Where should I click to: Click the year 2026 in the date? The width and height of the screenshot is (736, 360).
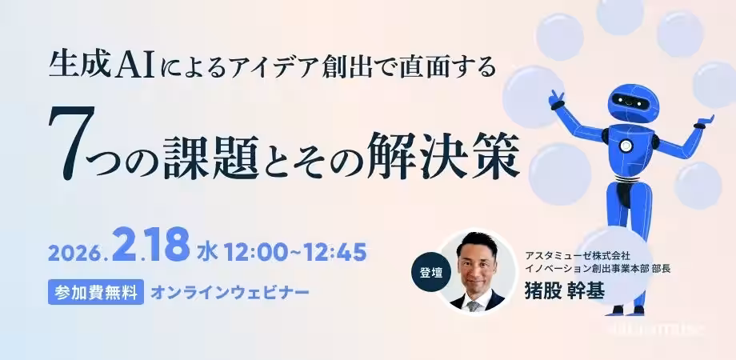point(74,253)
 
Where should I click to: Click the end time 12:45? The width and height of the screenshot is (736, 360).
point(332,252)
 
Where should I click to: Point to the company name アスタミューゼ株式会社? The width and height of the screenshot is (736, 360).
point(578,254)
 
